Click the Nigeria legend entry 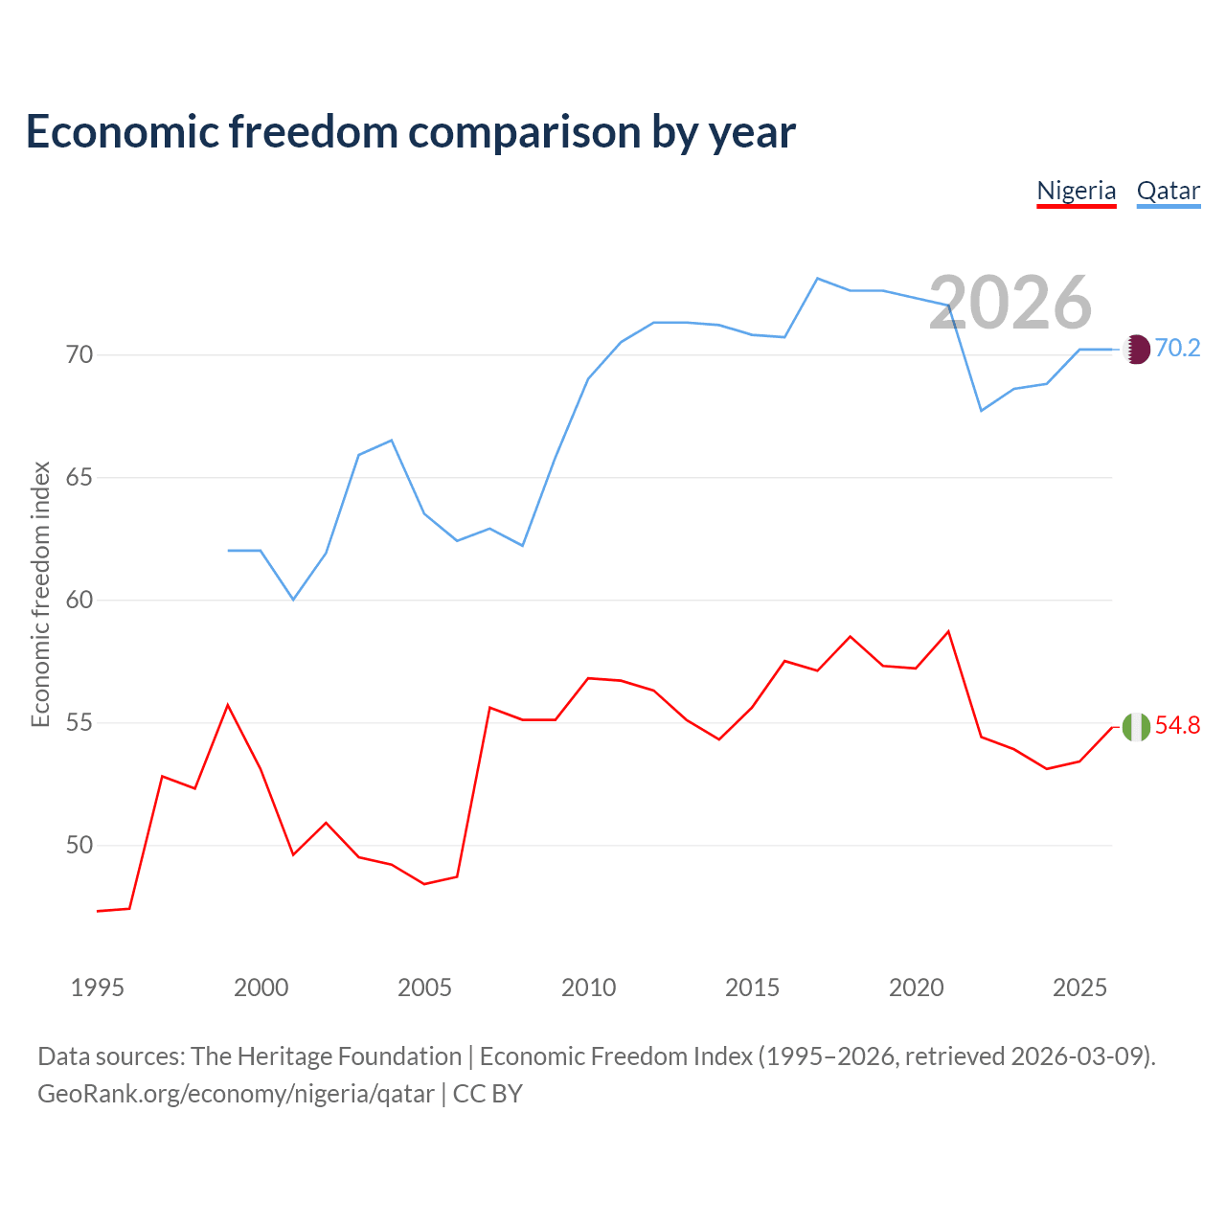click(x=1076, y=192)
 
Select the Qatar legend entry click(x=1169, y=192)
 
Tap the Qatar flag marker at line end click(x=1136, y=350)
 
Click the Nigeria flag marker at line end click(x=1136, y=727)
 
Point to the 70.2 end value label click(x=1178, y=348)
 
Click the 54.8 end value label click(x=1178, y=725)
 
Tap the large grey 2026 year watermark click(x=1010, y=303)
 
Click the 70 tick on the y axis click(x=79, y=354)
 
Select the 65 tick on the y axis click(x=79, y=477)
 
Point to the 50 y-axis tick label click(x=79, y=845)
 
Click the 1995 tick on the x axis click(x=98, y=988)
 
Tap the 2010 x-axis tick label click(x=588, y=988)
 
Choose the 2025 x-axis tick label click(x=1079, y=988)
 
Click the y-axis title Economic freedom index click(x=41, y=594)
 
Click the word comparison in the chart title click(x=524, y=133)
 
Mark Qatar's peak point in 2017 click(x=818, y=279)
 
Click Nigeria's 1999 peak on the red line click(x=228, y=705)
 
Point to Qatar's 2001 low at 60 click(x=293, y=600)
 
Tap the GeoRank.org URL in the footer click(x=236, y=1094)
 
